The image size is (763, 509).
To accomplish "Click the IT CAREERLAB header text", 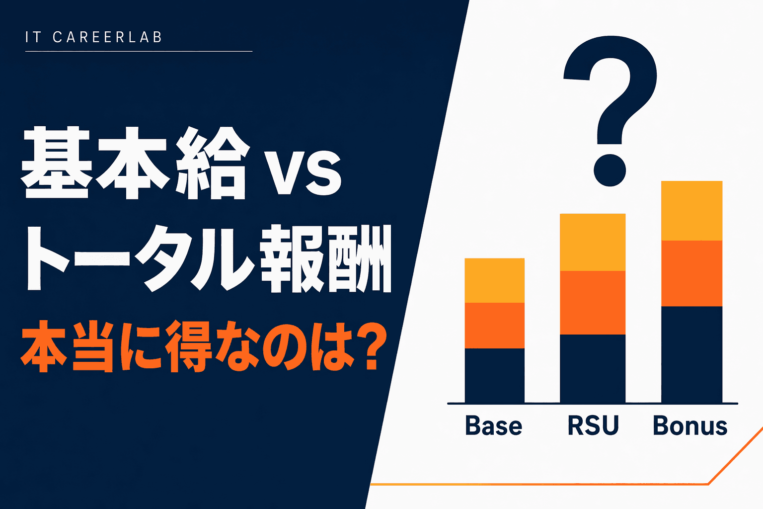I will click(x=94, y=37).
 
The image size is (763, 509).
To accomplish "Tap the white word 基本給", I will click(x=134, y=163).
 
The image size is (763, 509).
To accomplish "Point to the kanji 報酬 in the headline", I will click(x=325, y=258).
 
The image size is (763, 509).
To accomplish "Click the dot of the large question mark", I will click(x=610, y=170).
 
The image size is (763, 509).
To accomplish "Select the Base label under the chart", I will click(x=494, y=426).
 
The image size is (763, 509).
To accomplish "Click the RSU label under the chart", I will click(x=593, y=426).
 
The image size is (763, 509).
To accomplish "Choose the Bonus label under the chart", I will click(x=690, y=426).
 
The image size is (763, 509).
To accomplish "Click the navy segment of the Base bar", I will click(x=494, y=375).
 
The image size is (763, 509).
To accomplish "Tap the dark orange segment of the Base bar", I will click(x=494, y=326).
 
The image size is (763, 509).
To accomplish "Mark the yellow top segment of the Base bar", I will click(x=494, y=280).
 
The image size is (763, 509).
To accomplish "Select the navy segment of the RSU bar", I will click(x=593, y=368).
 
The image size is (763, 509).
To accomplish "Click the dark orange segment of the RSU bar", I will click(x=593, y=303).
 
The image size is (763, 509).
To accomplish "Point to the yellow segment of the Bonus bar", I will click(x=691, y=211).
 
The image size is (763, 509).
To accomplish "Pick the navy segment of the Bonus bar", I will click(x=691, y=354).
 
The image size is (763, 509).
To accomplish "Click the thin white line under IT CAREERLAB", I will click(x=139, y=51).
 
